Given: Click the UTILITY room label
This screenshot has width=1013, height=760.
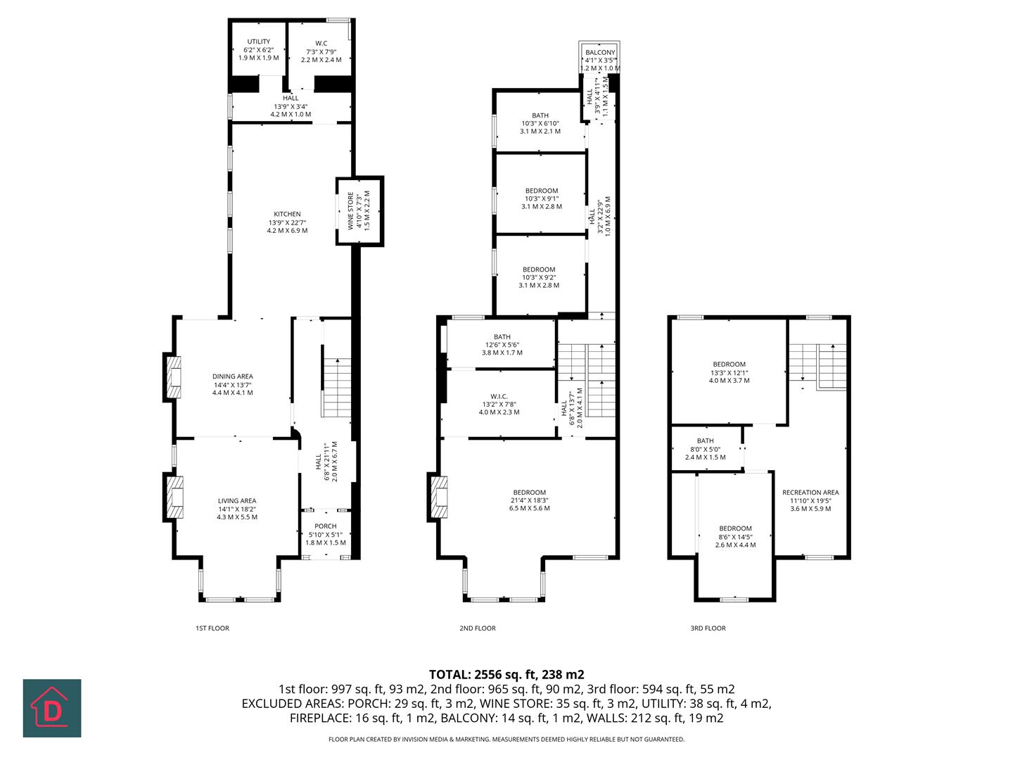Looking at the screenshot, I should point(258,42).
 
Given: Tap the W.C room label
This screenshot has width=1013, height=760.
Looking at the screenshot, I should point(321,44).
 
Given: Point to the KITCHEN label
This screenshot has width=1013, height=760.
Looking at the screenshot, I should point(287,215).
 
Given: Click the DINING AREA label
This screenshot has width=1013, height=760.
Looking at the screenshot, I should point(232,376).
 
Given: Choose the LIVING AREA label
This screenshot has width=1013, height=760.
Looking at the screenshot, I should point(236,501).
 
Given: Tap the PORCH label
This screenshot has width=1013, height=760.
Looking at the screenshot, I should point(325,526).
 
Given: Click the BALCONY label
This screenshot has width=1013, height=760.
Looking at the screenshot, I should point(599,53).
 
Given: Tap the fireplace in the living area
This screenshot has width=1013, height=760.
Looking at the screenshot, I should point(173,498).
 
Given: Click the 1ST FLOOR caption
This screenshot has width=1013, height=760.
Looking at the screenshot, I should point(212,628).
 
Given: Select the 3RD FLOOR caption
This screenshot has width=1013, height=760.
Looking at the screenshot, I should point(708,628).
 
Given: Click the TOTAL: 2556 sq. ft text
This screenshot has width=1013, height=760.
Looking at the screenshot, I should point(507,674).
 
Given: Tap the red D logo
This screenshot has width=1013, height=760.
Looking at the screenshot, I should point(52,709).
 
